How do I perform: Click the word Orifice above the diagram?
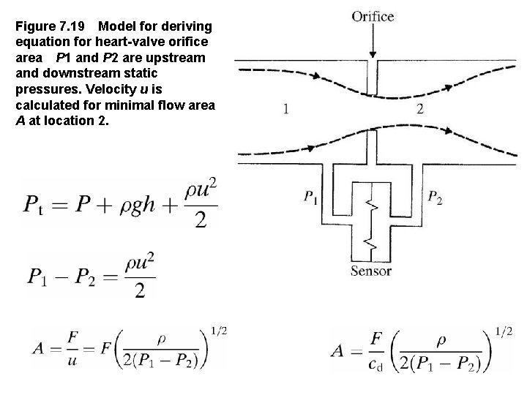coord(373,17)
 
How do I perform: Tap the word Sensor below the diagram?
coord(371,271)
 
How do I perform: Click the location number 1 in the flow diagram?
coord(285,110)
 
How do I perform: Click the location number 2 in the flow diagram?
coord(419,110)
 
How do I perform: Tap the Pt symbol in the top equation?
coord(37,206)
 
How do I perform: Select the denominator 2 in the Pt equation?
coord(201,221)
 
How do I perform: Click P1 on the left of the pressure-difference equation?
coord(38,276)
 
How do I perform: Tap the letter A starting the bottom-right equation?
coord(338,350)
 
